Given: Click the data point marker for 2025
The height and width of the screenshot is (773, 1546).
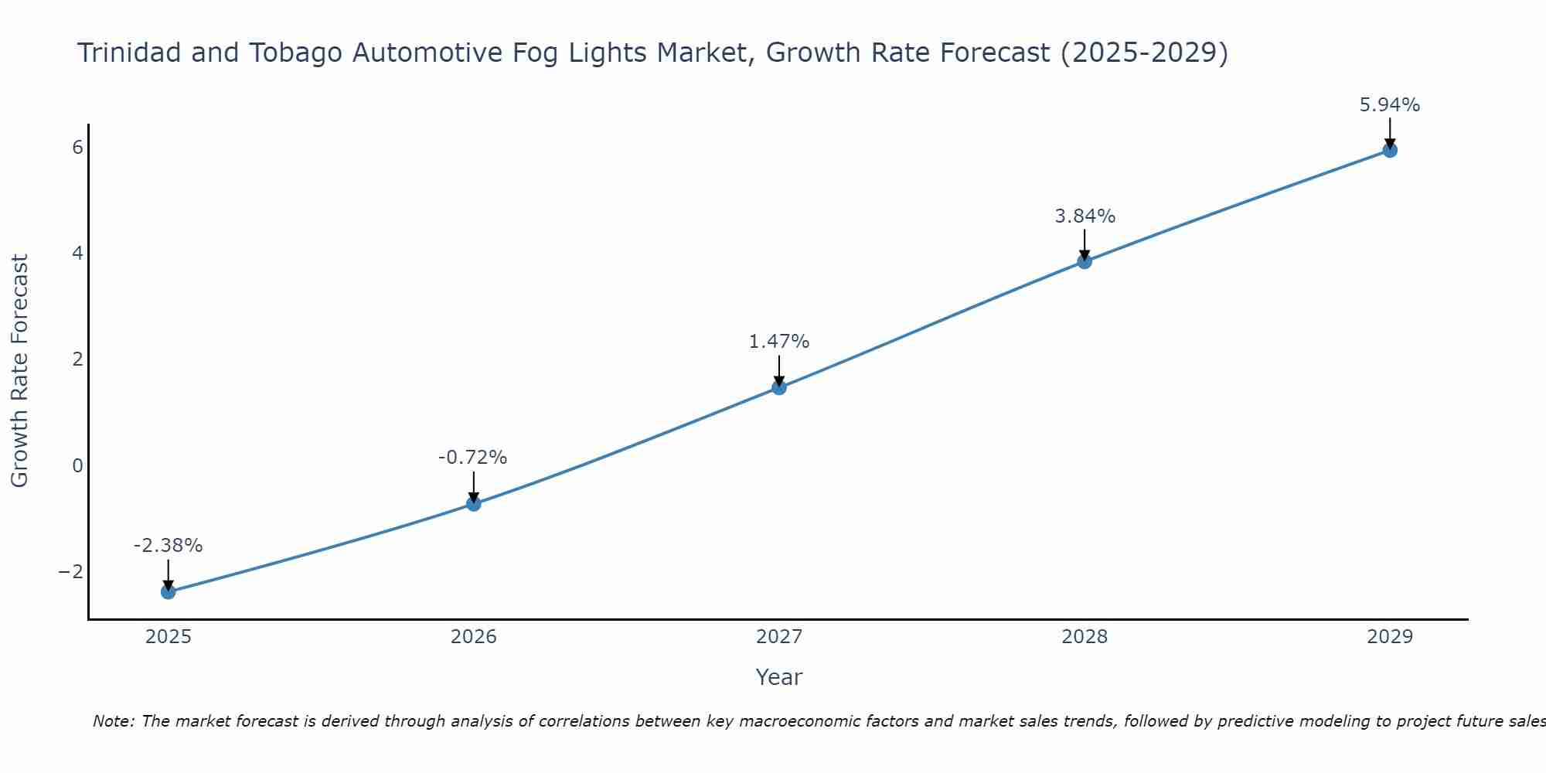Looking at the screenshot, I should click(169, 592).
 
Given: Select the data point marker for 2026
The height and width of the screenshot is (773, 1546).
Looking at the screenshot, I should click(474, 504).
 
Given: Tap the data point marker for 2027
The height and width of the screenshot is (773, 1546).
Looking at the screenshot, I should click(779, 387).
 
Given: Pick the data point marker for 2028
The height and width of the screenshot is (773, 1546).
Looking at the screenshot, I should click(1085, 261).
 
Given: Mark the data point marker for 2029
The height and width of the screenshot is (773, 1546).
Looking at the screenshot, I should click(1390, 150).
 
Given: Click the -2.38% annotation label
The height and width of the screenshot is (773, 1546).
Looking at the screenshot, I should click(168, 546).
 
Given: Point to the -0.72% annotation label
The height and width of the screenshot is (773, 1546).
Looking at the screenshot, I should click(472, 458).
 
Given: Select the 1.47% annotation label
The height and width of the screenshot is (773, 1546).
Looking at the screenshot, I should click(779, 342).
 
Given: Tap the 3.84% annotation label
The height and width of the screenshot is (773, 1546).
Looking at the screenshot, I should click(1085, 216).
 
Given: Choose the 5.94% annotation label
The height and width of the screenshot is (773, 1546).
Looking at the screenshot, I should click(1390, 105).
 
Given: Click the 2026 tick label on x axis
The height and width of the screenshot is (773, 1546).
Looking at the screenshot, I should click(474, 637).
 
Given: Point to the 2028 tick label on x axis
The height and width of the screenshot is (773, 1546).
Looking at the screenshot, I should click(1085, 637).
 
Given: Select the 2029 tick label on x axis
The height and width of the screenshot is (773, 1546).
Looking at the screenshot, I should click(1390, 637).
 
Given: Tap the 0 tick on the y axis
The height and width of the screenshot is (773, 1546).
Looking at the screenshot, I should click(77, 465).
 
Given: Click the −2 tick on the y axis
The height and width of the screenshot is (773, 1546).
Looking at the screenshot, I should click(70, 571).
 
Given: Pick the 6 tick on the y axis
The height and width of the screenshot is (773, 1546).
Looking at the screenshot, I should click(77, 147).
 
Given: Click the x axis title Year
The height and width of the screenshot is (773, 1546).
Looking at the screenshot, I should click(779, 677).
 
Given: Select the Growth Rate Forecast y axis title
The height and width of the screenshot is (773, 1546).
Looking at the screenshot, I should click(19, 371).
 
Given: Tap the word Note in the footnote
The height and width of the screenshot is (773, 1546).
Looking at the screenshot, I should click(113, 721).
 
